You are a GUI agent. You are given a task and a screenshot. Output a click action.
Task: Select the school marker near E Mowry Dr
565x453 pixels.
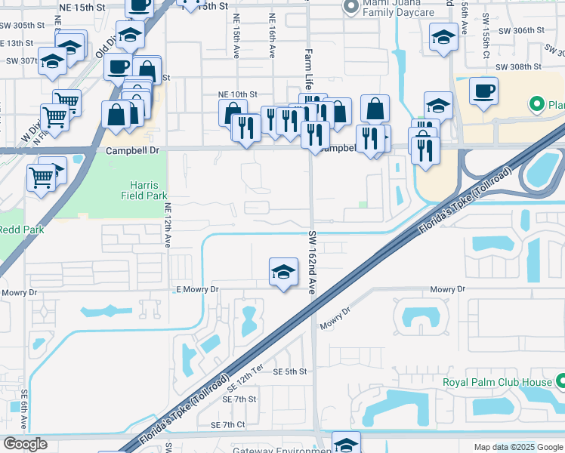[283, 273]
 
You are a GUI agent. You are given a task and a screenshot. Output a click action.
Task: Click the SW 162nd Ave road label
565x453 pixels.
[312, 257]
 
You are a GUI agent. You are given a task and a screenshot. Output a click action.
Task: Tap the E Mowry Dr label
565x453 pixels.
[196, 289]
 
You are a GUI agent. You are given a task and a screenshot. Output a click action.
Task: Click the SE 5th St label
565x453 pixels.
[290, 371]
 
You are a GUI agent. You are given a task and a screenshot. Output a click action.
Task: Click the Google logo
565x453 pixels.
[25, 444]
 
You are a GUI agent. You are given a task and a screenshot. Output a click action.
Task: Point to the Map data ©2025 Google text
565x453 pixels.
[518, 447]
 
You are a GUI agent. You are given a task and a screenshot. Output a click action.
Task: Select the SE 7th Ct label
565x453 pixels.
[230, 425]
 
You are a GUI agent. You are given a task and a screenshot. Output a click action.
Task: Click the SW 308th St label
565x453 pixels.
[519, 66]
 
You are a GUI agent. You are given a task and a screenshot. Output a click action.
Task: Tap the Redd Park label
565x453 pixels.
[21, 230]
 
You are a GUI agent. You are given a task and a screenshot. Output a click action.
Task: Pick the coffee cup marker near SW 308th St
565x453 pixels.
[483, 91]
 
